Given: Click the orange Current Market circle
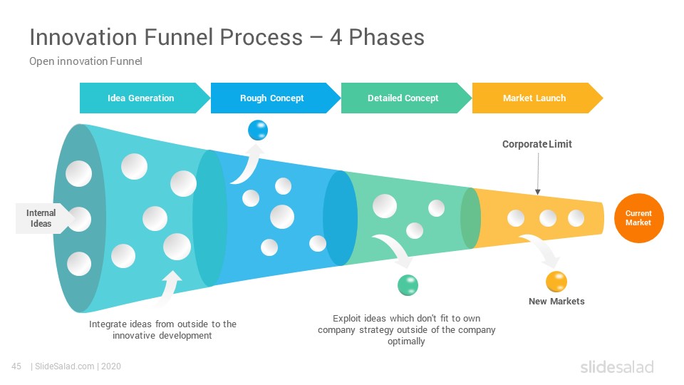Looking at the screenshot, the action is click(638, 218).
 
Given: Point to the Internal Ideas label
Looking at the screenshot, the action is click(42, 218).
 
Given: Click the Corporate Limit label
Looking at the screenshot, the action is click(537, 144).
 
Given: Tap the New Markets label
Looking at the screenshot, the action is click(556, 301).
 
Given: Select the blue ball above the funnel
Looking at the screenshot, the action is click(258, 130).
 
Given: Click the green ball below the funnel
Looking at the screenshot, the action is click(408, 285).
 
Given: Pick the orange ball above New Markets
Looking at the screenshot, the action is click(556, 282).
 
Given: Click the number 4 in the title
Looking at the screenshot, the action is click(336, 37).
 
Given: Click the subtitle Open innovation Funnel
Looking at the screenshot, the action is click(86, 61).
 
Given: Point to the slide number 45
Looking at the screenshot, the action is click(16, 366).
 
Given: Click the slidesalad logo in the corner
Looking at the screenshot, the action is click(617, 366).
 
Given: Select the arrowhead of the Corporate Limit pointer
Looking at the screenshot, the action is click(538, 192).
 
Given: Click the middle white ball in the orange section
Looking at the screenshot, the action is click(548, 218).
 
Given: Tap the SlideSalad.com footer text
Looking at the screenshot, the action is click(65, 366).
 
